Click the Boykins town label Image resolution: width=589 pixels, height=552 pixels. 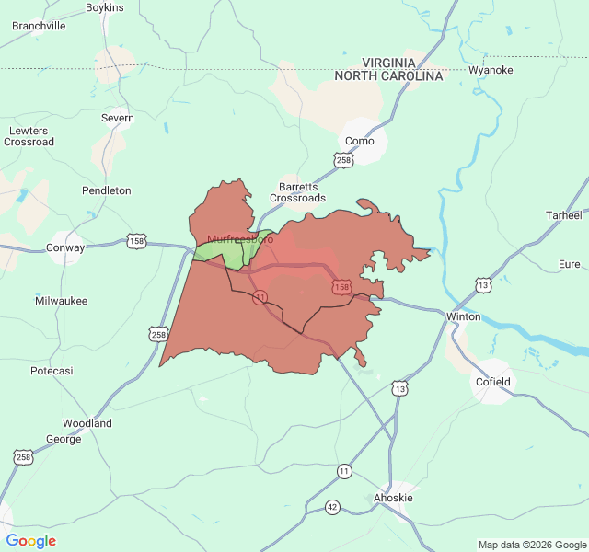click(104, 7)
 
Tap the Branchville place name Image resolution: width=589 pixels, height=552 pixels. click(39, 26)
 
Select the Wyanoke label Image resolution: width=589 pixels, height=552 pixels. click(490, 70)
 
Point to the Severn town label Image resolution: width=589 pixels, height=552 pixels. click(118, 118)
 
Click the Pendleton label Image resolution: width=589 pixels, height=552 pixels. click(107, 190)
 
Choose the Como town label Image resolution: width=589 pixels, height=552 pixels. click(359, 141)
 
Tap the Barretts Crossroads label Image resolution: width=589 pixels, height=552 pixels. click(297, 191)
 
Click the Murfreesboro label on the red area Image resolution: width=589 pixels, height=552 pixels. click(240, 239)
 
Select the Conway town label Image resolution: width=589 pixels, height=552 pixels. click(65, 247)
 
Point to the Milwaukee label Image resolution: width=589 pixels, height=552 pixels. click(62, 301)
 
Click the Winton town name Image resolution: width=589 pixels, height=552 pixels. click(463, 316)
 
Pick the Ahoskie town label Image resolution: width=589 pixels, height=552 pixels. click(393, 498)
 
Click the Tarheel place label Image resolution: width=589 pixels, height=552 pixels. click(564, 215)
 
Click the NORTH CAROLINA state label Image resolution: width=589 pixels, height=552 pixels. click(388, 75)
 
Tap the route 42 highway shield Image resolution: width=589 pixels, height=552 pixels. click(332, 507)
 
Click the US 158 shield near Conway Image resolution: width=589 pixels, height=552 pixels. click(136, 241)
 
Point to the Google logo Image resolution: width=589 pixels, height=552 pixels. click(31, 541)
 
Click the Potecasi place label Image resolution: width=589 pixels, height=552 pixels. click(52, 370)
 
